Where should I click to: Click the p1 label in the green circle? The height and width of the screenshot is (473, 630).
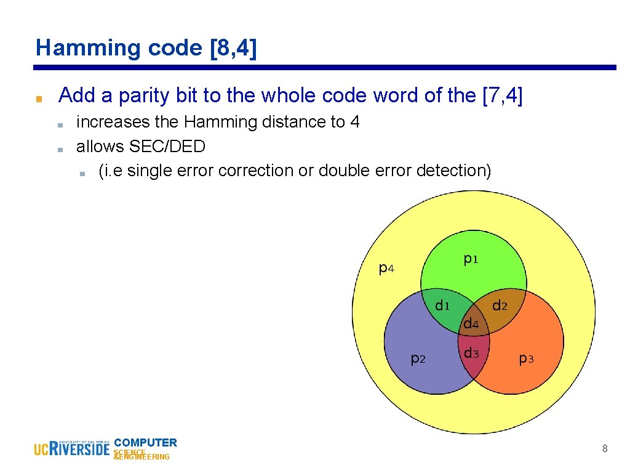[471, 260]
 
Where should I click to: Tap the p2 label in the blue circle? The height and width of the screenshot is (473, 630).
[418, 358]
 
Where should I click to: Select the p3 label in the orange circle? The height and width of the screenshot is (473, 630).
[526, 358]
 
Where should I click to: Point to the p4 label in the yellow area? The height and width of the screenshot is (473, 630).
[386, 269]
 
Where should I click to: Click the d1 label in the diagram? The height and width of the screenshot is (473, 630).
[442, 305]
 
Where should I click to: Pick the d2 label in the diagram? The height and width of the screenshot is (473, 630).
[500, 305]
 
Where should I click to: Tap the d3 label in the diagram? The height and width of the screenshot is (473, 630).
[471, 354]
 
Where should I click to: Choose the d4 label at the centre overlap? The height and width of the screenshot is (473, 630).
[471, 323]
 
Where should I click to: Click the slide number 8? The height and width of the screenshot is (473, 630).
[605, 449]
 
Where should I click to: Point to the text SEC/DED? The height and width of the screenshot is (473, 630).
[167, 147]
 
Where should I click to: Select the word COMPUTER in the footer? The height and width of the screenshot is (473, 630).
[146, 442]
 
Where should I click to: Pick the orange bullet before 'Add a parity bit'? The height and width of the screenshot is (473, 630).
[38, 99]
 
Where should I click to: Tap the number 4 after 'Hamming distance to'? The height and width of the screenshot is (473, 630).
[354, 122]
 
